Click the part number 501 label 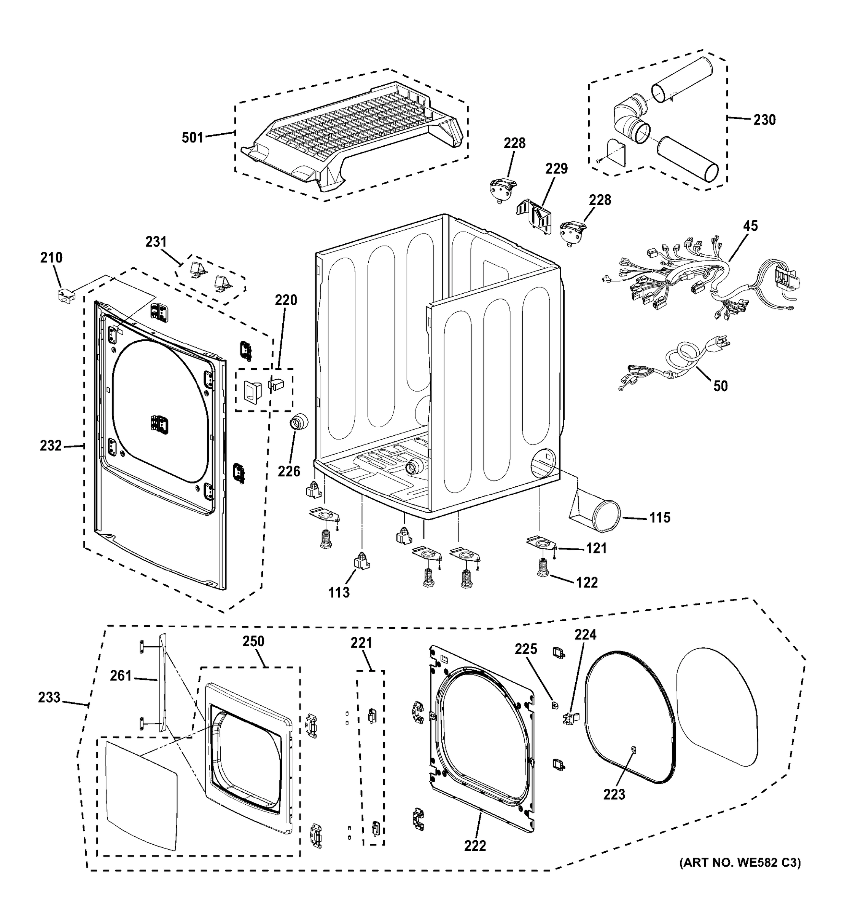tap(192, 137)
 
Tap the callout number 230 tap(764, 120)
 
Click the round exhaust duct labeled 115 tap(597, 516)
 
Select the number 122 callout tap(587, 583)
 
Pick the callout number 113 tap(339, 593)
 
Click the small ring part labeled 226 tap(298, 421)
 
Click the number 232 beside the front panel tap(51, 446)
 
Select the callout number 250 tap(253, 641)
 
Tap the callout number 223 tap(614, 794)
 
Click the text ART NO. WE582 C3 tap(740, 863)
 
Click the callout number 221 tap(361, 643)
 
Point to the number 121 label tap(596, 548)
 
